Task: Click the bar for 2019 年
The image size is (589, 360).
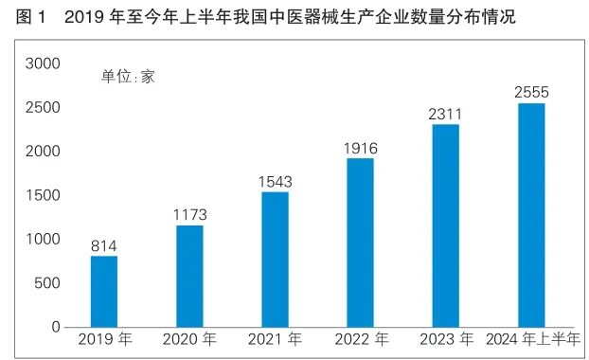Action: tap(104, 291)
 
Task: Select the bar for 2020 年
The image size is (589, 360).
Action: tap(189, 276)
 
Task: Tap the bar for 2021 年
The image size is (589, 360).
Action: tap(275, 260)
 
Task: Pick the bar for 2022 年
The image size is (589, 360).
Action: tap(360, 243)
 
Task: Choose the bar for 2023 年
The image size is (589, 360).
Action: tap(445, 225)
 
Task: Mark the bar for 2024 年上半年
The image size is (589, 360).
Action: tap(531, 215)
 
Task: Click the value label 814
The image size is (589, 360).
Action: tap(104, 246)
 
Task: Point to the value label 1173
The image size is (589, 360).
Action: tap(189, 215)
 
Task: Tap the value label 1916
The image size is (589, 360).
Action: tap(360, 148)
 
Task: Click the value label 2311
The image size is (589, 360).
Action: tap(445, 114)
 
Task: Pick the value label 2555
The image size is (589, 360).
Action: tap(531, 92)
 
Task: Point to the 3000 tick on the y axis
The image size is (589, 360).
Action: tap(43, 63)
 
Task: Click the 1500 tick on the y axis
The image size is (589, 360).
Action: tap(43, 195)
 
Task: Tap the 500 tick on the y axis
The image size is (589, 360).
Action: tap(47, 283)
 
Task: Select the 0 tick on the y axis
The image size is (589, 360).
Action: tap(56, 327)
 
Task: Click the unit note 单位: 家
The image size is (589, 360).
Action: tap(128, 78)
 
